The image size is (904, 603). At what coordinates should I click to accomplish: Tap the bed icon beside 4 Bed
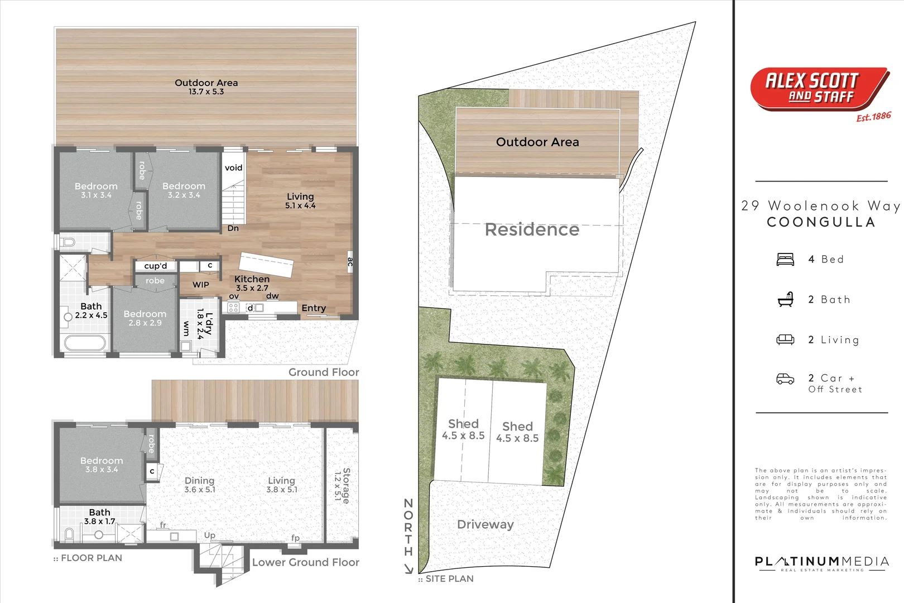[785, 260]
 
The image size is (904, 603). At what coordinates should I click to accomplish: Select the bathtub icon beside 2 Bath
[785, 300]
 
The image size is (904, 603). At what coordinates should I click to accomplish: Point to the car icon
[785, 379]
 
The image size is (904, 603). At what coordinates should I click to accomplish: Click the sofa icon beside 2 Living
[785, 339]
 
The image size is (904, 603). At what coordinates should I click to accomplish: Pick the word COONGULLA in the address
[821, 222]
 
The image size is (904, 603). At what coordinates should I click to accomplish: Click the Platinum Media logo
[821, 563]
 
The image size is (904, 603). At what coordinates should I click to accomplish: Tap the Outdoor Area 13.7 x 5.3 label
[206, 87]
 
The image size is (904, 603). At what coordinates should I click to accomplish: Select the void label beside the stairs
[233, 167]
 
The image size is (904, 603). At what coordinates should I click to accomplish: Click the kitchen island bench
[266, 265]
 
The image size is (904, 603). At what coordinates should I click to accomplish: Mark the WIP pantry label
[201, 285]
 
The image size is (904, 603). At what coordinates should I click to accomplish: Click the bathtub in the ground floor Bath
[85, 342]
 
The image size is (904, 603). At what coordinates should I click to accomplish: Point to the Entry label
[314, 308]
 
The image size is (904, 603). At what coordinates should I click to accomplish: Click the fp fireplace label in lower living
[295, 538]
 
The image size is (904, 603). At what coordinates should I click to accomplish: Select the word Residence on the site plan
[532, 229]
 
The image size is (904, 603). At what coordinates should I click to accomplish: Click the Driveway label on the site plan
[485, 524]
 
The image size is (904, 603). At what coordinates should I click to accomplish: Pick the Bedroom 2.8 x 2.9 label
[145, 318]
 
